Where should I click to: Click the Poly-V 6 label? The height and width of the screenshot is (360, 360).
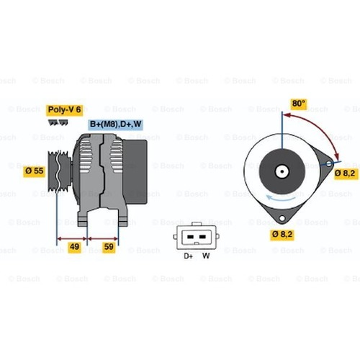coord(65,110)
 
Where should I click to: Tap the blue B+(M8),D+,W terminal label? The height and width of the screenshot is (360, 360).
coord(115,125)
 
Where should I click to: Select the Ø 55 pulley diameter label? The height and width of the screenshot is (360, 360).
coord(34,171)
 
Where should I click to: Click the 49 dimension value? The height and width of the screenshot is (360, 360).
coord(74,247)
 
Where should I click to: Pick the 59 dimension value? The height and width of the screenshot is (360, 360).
coord(109,247)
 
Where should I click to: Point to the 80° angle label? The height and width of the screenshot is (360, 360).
coord(299,104)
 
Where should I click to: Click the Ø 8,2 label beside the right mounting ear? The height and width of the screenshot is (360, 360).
coord(345,174)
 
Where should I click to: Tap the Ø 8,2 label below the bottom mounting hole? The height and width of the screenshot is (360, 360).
coord(282,234)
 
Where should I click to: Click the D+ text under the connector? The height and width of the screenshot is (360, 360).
coord(188,256)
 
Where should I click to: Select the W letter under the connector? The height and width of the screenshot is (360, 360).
coord(206,256)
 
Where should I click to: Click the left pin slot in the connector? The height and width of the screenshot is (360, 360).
coord(190,237)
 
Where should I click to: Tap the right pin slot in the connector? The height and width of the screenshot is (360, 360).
coord(202,237)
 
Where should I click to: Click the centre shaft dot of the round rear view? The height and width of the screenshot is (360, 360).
coord(282,171)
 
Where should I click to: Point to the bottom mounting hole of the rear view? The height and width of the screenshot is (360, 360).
coord(282,218)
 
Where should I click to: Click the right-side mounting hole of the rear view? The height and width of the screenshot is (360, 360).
coord(329,163)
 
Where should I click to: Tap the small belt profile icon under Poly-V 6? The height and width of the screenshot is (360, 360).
coord(58,122)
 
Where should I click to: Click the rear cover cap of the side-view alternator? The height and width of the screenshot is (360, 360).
coord(135,172)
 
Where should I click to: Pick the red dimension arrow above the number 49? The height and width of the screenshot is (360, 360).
coord(72,238)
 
